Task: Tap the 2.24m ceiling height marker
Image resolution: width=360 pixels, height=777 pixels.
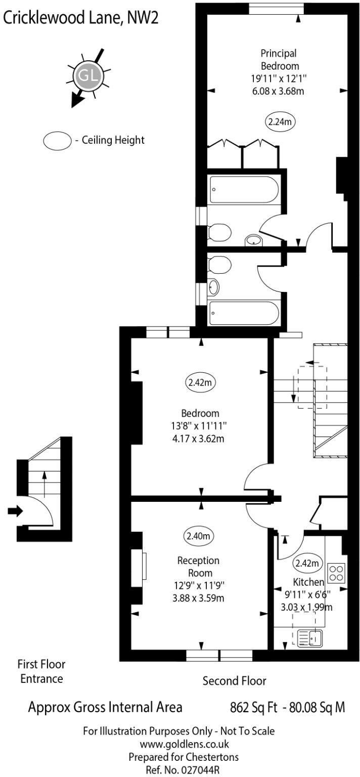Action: click(x=281, y=121)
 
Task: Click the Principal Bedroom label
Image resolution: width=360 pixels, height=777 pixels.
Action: click(x=279, y=59)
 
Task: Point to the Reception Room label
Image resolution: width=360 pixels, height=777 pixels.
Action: click(x=198, y=567)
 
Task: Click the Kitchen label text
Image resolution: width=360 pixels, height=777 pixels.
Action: click(x=308, y=582)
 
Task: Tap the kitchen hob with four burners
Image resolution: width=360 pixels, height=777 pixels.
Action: click(x=337, y=573)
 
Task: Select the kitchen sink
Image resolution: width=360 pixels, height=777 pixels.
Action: click(x=310, y=638)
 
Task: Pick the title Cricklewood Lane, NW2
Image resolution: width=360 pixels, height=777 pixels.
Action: click(x=80, y=19)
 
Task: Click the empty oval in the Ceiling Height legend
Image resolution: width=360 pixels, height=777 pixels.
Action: click(x=57, y=140)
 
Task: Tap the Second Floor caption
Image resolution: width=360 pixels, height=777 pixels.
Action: click(x=234, y=680)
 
